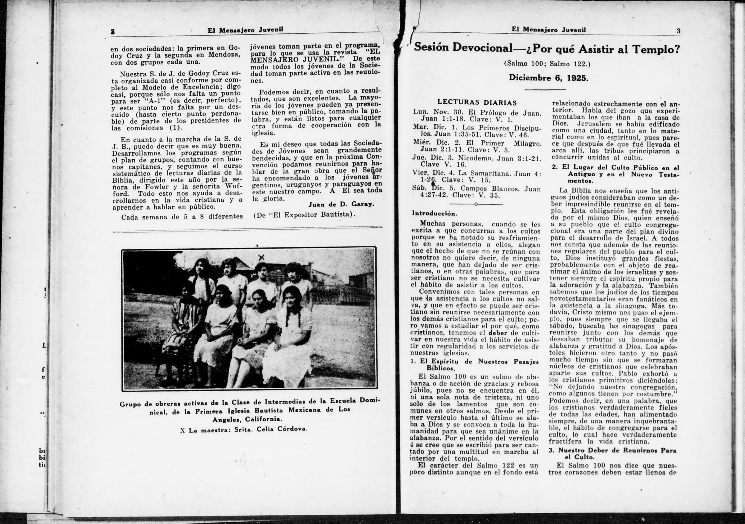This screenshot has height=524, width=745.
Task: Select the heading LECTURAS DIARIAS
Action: (x=477, y=103)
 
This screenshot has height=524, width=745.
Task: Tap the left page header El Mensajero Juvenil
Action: (x=246, y=30)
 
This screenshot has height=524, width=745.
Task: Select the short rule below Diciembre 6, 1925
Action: (x=545, y=89)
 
